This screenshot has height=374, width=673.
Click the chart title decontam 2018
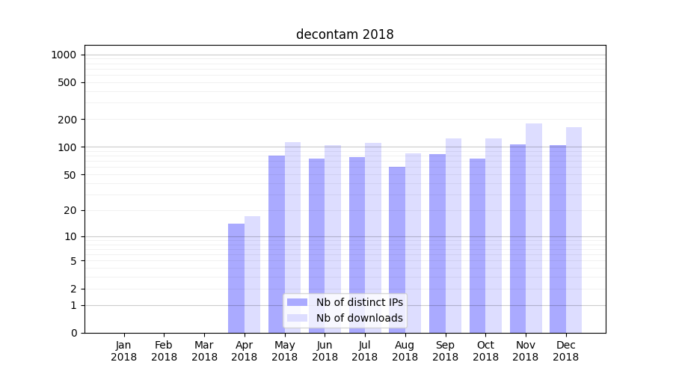click(345, 34)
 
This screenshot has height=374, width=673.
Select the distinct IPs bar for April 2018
click(236, 278)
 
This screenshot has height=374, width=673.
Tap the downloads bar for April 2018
click(253, 275)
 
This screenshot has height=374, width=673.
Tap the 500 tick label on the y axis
click(68, 82)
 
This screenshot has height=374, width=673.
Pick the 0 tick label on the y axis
click(74, 333)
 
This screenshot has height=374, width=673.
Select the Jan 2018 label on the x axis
click(124, 351)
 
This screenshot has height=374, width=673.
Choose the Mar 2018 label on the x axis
click(204, 351)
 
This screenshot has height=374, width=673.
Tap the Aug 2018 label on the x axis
click(405, 351)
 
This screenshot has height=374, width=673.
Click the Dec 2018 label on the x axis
click(566, 351)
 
